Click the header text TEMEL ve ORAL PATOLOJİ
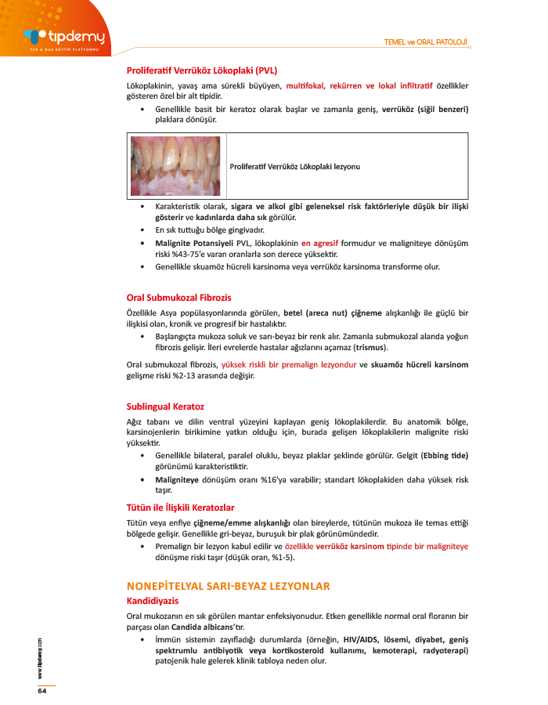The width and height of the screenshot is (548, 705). [x=426, y=42]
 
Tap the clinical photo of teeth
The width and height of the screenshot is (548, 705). [x=177, y=165]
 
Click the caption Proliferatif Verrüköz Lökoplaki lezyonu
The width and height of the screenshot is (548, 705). [x=295, y=166]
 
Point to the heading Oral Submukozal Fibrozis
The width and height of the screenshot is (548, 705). [x=179, y=298]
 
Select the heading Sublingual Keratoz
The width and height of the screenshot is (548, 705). [x=165, y=407]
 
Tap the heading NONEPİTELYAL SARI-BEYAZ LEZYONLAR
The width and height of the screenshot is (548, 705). [x=228, y=586]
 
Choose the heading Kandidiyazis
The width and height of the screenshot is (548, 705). [x=153, y=601]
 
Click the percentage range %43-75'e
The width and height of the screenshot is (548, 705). [x=189, y=255]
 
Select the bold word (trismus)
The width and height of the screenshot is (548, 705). [x=371, y=347]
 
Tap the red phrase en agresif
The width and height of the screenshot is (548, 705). [x=324, y=243]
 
